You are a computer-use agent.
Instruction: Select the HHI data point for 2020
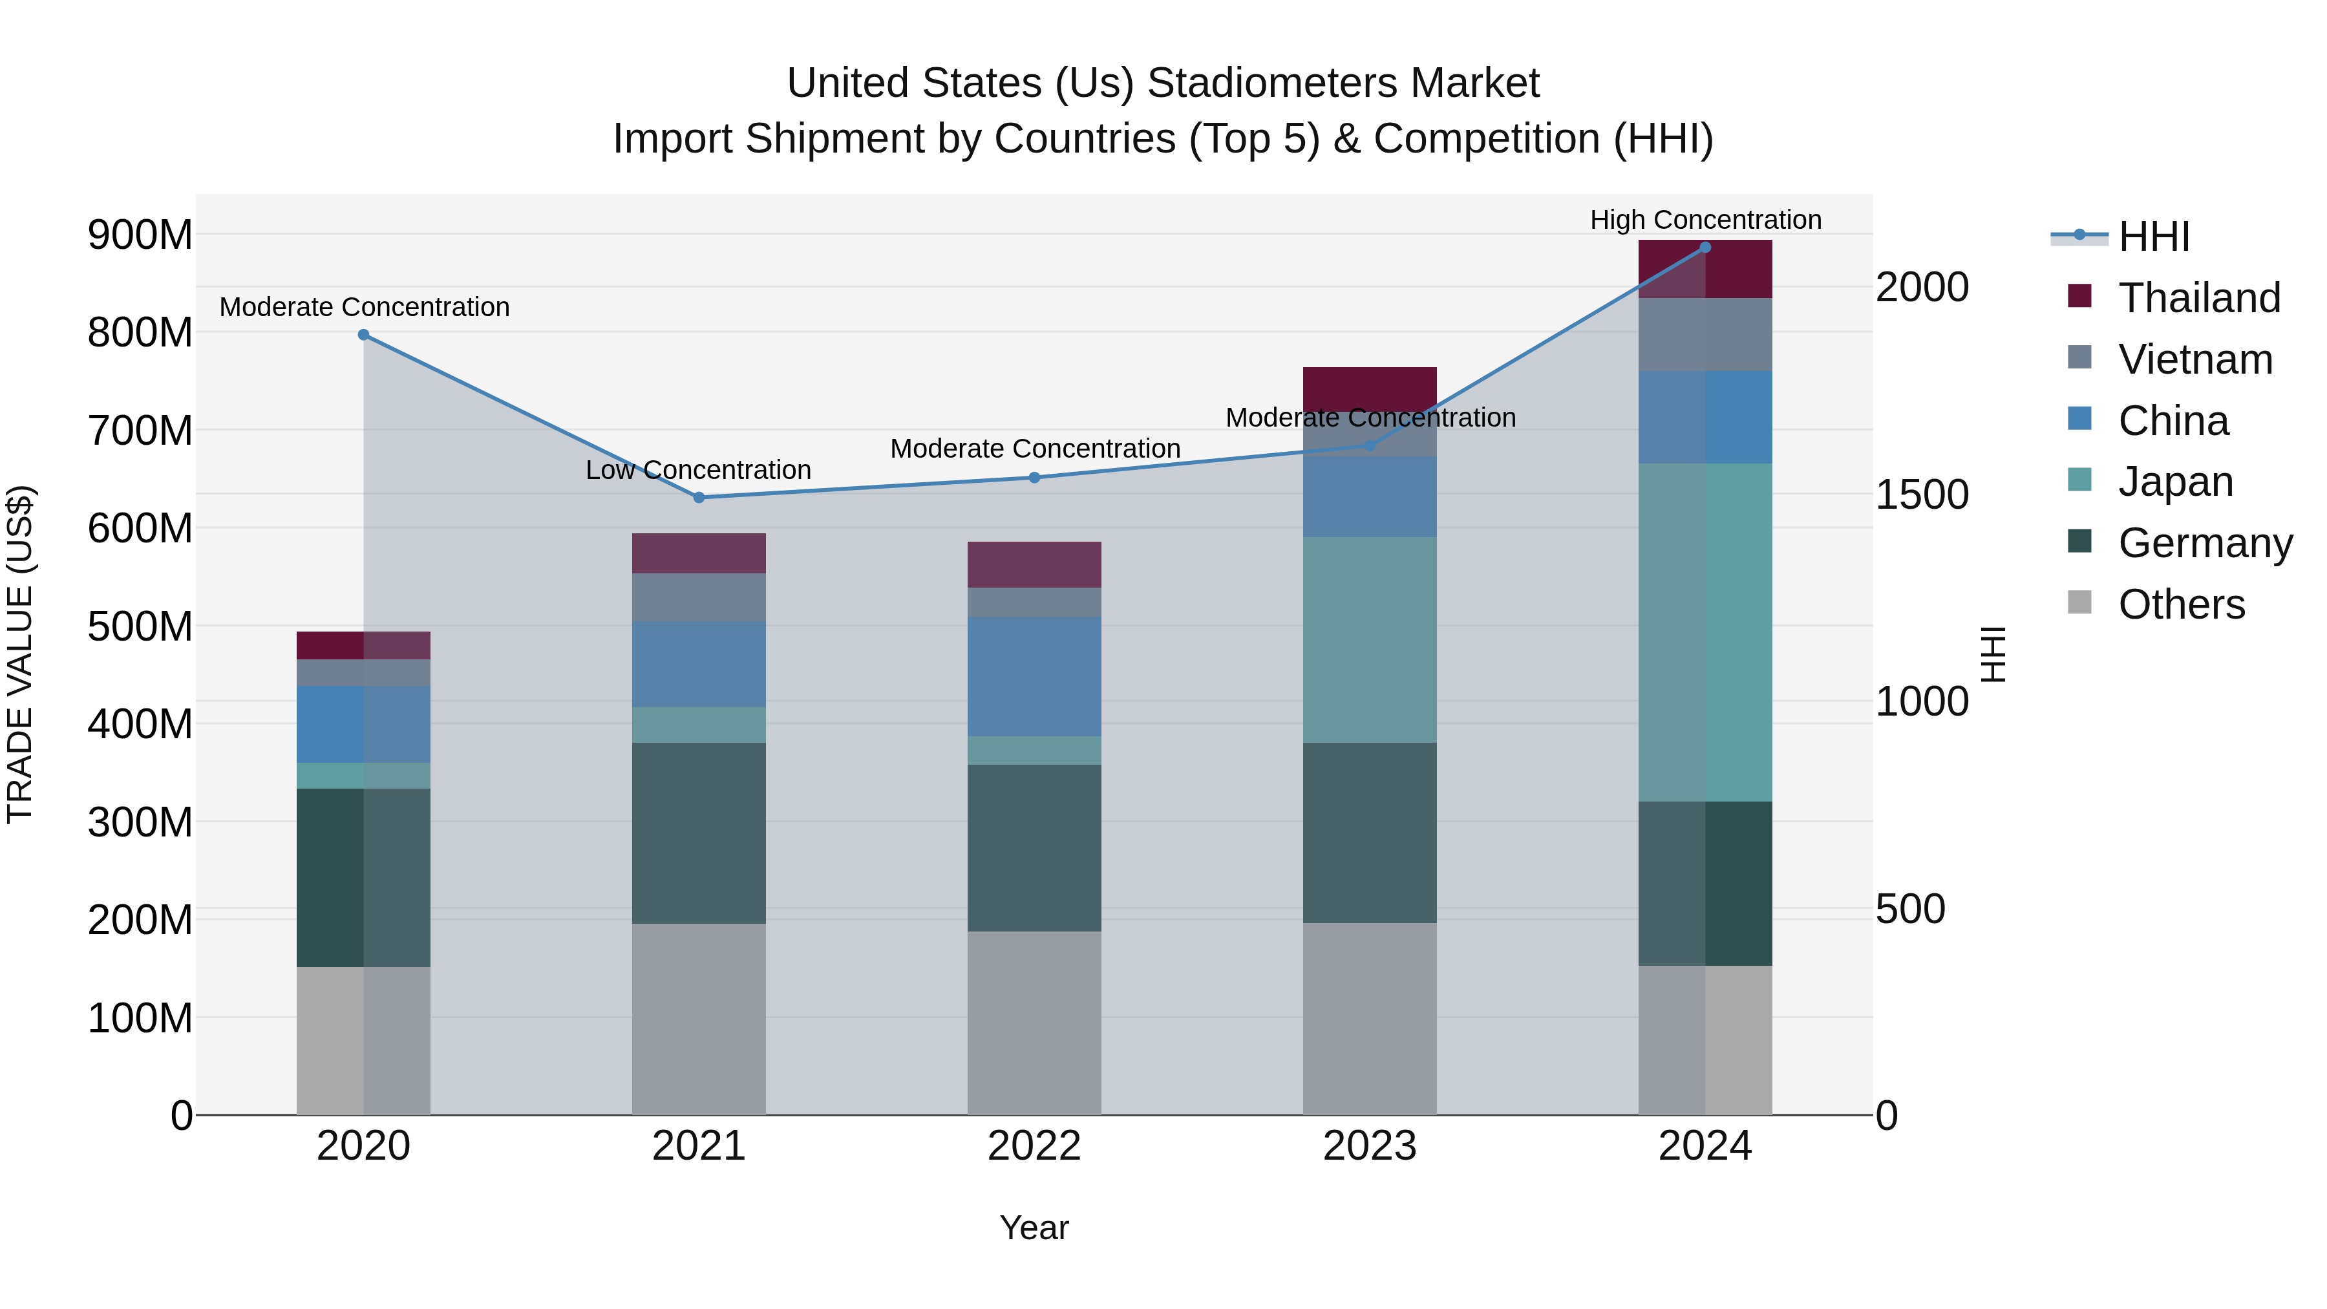[x=363, y=335]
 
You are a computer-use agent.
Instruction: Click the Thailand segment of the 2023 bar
[x=1370, y=388]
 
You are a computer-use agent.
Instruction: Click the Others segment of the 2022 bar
[x=1034, y=1022]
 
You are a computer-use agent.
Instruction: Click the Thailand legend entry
[x=2199, y=298]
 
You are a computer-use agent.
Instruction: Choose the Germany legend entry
[x=2204, y=543]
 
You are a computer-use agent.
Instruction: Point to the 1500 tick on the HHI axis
[x=1922, y=494]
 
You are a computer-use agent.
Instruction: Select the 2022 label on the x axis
[x=1034, y=1146]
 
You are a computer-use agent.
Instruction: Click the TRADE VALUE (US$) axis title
[x=21, y=654]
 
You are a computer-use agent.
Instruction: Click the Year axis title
[x=1034, y=1228]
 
